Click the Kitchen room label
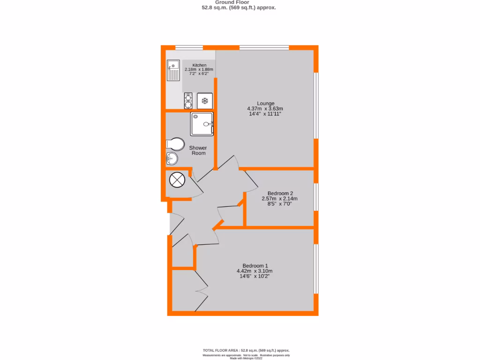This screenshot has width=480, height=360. tap(199, 65)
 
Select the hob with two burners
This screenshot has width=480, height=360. tap(188, 101)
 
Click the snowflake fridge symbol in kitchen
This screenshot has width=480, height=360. tap(205, 101)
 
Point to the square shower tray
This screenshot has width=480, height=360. tap(202, 124)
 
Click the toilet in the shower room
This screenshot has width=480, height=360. tap(174, 143)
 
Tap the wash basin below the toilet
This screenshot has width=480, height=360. tap(172, 158)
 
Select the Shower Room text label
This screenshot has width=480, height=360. tap(198, 150)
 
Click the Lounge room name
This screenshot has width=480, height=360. tap(265, 103)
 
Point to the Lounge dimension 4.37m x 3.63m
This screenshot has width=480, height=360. tap(265, 109)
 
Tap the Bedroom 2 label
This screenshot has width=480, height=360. tap(280, 193)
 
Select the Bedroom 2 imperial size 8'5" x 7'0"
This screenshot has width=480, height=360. tap(279, 204)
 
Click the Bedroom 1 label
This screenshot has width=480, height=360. tap(255, 265)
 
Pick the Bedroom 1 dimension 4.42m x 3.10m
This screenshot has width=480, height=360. tap(255, 271)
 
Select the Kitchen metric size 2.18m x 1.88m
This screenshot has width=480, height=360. tap(199, 69)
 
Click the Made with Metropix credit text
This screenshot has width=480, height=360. tap(246, 358)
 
